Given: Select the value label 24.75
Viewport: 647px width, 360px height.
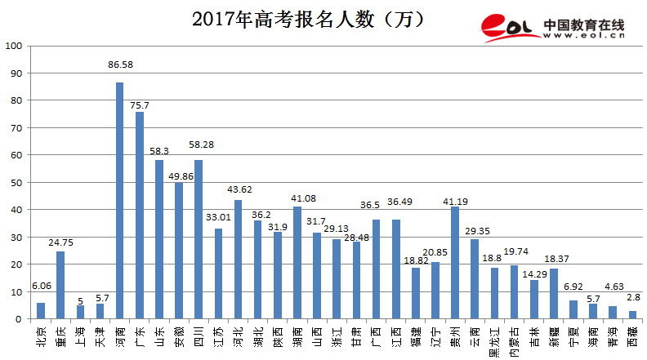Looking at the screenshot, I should pos(60,242).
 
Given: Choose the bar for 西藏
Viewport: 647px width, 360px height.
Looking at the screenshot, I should pos(632,314).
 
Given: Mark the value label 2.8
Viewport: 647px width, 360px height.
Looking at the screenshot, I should pos(632,297).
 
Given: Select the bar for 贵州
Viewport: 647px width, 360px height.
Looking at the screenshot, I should pos(455,262).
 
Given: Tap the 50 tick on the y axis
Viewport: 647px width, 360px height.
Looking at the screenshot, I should pos(16,182).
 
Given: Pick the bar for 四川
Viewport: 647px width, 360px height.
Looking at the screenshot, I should pos(199,239).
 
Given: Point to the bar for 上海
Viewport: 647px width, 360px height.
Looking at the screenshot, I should pos(80,312).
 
